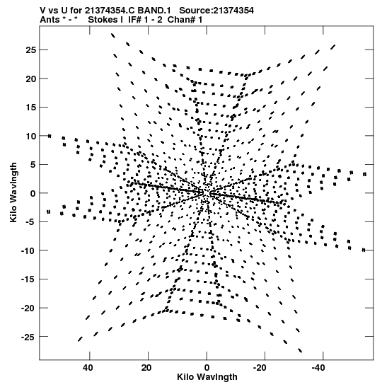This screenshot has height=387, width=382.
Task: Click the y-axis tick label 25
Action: point(30,50)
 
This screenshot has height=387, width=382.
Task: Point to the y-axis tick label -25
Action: point(28,337)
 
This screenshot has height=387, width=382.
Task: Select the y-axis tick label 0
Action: point(33,193)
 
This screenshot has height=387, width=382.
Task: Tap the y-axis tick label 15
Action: point(30,108)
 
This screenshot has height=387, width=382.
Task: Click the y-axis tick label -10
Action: point(28,250)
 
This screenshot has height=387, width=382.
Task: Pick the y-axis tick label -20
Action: point(28,308)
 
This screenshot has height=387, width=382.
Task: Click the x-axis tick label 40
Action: point(88,368)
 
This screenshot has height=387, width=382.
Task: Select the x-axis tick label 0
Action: point(207,368)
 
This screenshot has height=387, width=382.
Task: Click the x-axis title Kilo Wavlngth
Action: point(207,377)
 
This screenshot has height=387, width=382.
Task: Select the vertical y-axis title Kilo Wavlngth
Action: point(13,192)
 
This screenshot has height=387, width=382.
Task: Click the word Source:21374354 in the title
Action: point(216,11)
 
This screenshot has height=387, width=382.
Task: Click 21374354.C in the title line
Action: point(110,11)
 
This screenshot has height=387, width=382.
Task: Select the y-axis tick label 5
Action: point(33,165)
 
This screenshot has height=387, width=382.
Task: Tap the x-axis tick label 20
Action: point(146,368)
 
